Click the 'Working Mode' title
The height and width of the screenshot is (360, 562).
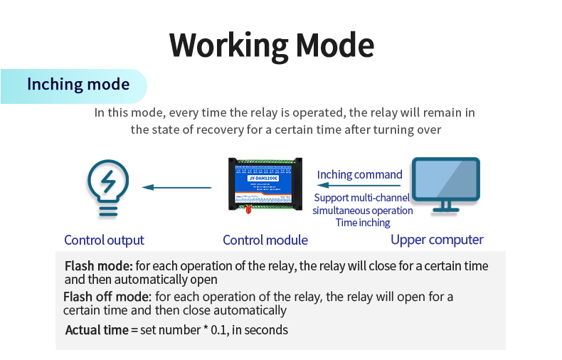[x=272, y=45]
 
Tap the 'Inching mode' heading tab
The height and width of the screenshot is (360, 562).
[x=78, y=85]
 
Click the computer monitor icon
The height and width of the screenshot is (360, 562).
[x=447, y=184]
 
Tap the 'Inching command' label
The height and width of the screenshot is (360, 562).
[x=360, y=174]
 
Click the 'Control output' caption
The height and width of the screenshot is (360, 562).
[x=104, y=240]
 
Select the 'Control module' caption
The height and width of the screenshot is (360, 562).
[x=265, y=240]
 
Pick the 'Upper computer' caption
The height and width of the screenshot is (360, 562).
[x=437, y=240]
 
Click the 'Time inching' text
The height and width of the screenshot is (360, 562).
[x=363, y=223]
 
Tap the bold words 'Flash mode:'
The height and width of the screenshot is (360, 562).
[x=99, y=266]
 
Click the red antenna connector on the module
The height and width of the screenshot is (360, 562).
[x=248, y=209]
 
